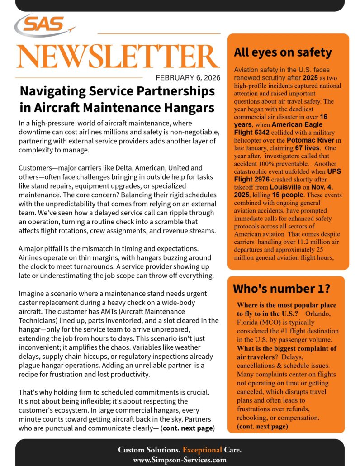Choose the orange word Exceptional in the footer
(x=201, y=450)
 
